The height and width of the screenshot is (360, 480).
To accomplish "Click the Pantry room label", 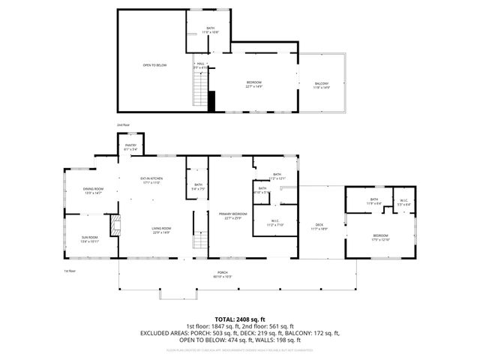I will (130, 147).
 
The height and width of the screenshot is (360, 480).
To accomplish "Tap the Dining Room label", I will (93, 190).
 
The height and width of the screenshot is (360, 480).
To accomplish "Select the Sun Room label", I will (90, 239).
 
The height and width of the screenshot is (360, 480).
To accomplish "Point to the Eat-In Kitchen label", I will (151, 180).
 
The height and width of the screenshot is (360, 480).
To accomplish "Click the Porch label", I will (223, 274).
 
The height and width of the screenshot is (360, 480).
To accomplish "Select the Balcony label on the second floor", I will (321, 85).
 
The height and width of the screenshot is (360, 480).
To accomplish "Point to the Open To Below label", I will (154, 65).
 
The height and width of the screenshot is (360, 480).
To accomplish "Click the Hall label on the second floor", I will (200, 65).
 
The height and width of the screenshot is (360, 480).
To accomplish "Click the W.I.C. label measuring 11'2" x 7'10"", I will (274, 223).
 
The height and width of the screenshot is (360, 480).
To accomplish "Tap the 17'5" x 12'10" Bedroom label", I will (382, 238).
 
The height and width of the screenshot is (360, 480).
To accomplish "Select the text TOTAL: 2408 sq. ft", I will (240, 319).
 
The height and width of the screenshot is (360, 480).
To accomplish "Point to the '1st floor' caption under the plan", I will (70, 271).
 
